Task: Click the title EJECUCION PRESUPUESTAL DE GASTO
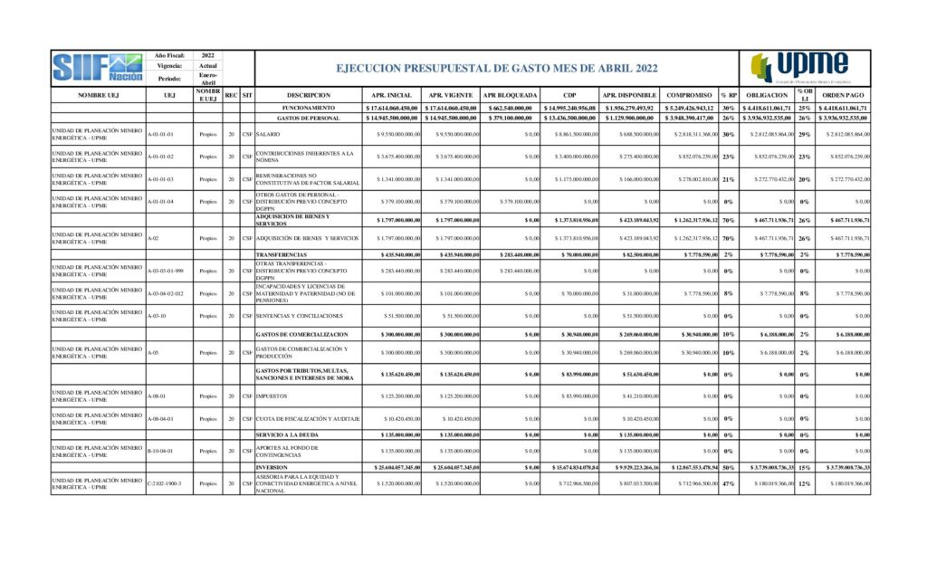[496, 68]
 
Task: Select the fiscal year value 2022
[208, 55]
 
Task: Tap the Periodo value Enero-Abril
[208, 79]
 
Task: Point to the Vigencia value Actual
[208, 66]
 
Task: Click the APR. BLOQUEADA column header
[510, 94]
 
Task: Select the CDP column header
[569, 94]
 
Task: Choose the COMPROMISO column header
[688, 94]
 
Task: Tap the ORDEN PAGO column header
[843, 94]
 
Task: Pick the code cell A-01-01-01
[163, 134]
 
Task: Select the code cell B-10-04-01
[163, 450]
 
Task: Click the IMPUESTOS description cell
[273, 396]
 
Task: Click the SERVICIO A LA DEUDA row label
[289, 434]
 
